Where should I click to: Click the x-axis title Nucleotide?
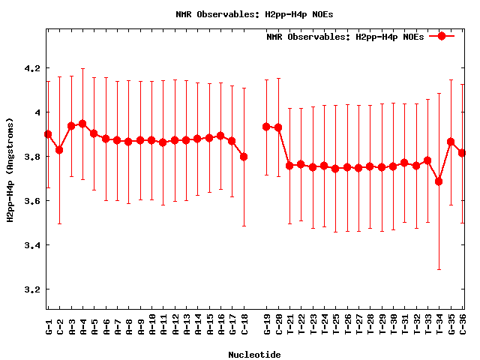tap(255, 355)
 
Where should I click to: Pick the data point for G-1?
tap(48, 134)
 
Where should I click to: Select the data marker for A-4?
tap(82, 124)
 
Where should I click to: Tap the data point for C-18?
tap(244, 157)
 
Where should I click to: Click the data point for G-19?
tap(266, 127)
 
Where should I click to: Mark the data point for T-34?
tap(439, 181)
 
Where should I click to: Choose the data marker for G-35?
tap(451, 142)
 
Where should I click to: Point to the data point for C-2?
tap(59, 150)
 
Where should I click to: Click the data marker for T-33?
tap(427, 160)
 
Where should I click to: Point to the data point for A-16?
tap(220, 136)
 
